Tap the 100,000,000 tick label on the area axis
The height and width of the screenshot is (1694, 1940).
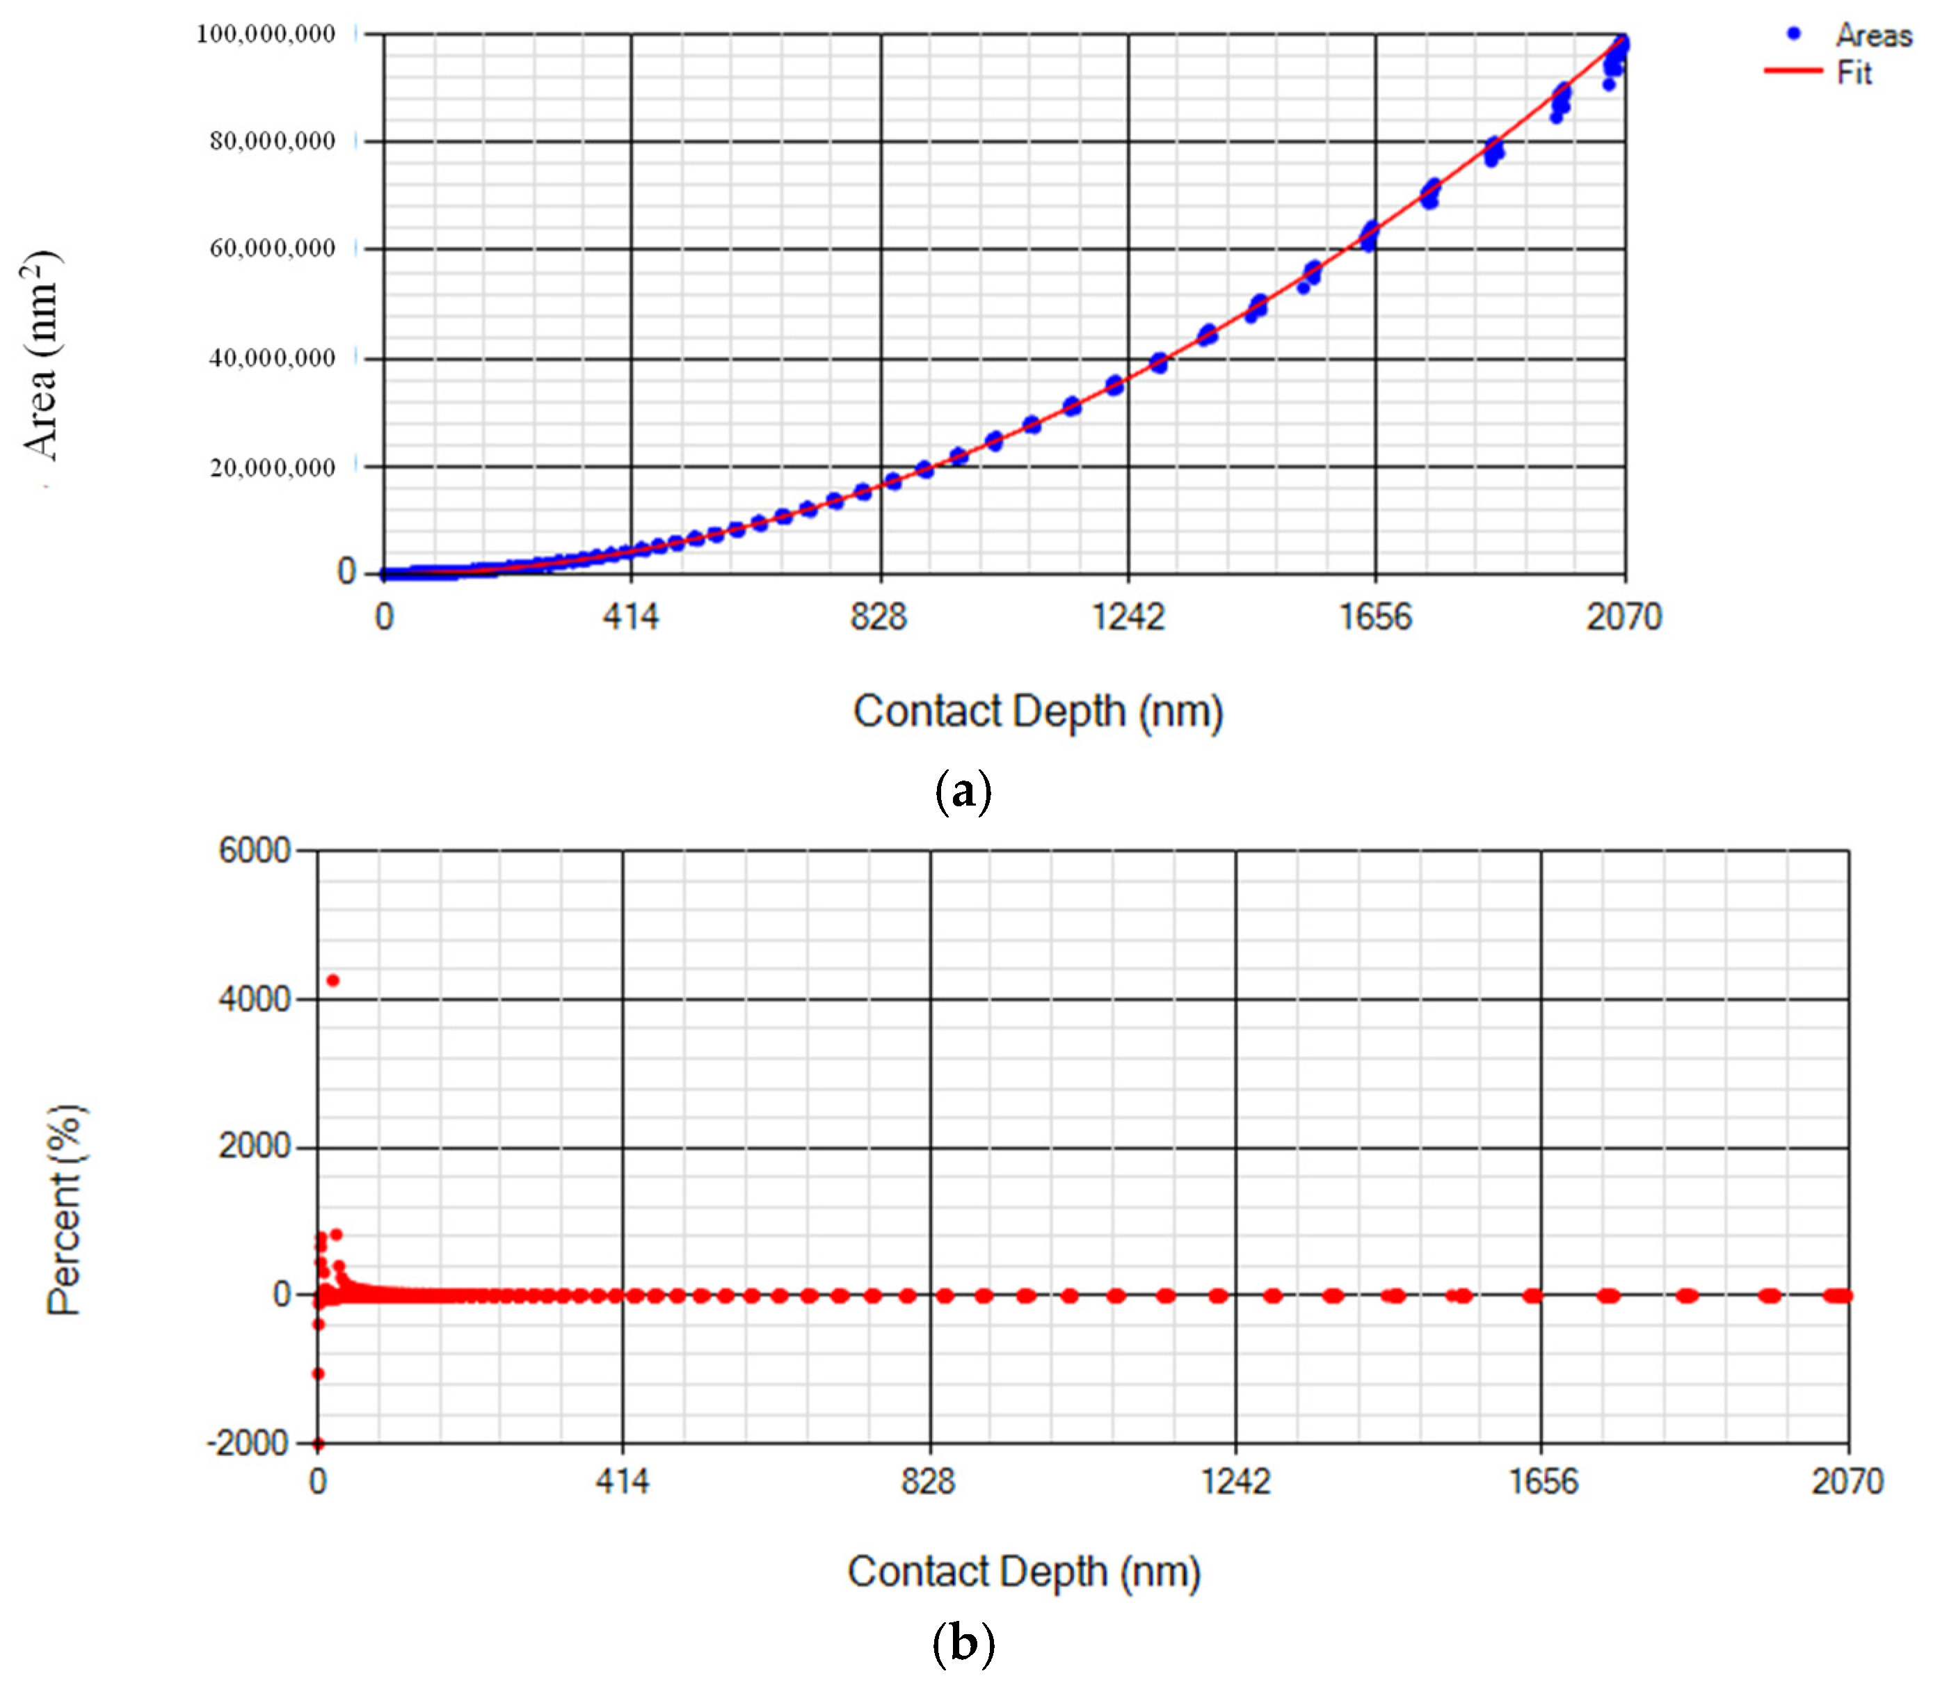pyautogui.click(x=266, y=34)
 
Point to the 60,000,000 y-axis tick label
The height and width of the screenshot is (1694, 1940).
pyautogui.click(x=272, y=248)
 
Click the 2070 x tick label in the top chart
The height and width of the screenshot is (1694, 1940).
pyautogui.click(x=1624, y=617)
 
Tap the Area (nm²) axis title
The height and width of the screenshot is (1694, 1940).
pyautogui.click(x=40, y=355)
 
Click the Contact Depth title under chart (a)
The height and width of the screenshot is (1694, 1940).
pyautogui.click(x=1038, y=712)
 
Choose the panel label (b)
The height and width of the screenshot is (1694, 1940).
pyautogui.click(x=962, y=1643)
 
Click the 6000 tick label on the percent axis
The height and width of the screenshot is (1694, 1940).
pyautogui.click(x=254, y=851)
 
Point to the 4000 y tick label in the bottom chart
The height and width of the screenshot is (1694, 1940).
pyautogui.click(x=254, y=999)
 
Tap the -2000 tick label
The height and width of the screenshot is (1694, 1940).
pyautogui.click(x=248, y=1444)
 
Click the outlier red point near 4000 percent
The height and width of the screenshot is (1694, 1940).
pyautogui.click(x=332, y=980)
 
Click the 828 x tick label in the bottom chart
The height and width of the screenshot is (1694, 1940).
pyautogui.click(x=928, y=1481)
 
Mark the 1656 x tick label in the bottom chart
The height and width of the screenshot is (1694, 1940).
pyautogui.click(x=1542, y=1481)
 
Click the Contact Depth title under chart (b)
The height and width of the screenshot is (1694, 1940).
pyautogui.click(x=1023, y=1572)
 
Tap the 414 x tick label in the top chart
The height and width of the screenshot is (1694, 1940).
pyautogui.click(x=631, y=617)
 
